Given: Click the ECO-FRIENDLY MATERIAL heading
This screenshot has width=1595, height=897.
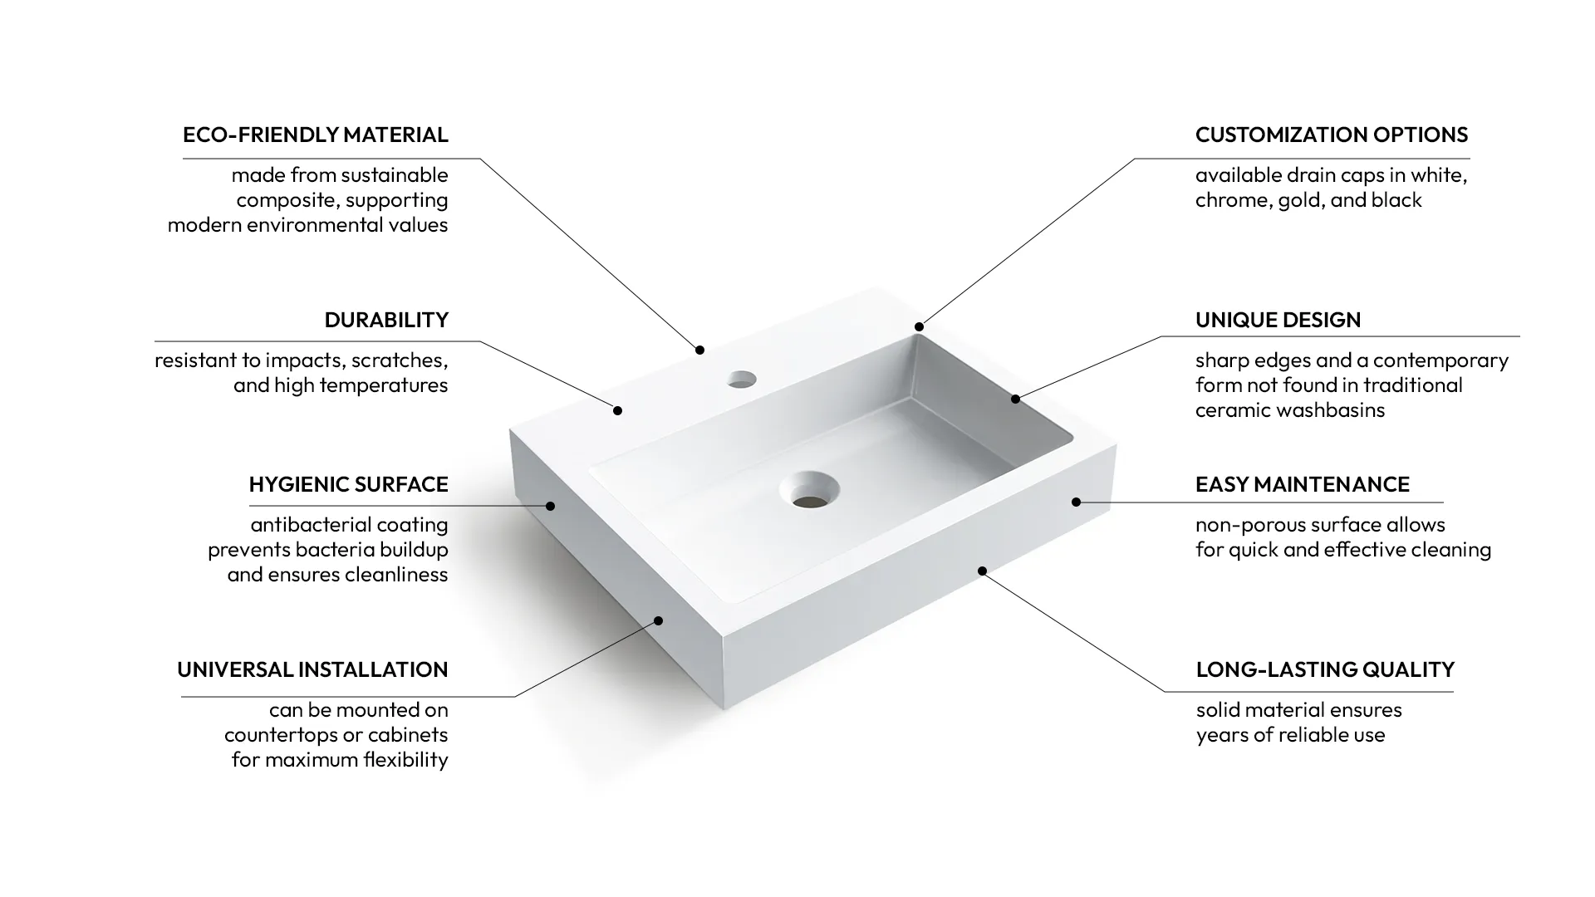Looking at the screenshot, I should click(315, 135).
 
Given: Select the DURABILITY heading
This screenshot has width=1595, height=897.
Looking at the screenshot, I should click(386, 320).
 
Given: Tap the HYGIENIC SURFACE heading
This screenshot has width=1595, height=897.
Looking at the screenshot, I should click(348, 484).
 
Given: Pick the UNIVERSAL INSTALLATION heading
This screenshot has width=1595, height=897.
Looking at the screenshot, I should click(312, 669).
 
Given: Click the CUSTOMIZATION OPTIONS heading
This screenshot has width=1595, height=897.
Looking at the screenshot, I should click(1331, 135).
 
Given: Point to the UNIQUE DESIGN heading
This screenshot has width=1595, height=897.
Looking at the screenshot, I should click(1278, 320).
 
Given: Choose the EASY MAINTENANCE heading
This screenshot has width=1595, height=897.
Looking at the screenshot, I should click(1302, 484).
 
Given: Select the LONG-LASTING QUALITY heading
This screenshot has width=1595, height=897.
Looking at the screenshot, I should click(1324, 669).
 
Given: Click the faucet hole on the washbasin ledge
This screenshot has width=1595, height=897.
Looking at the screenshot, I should click(741, 380).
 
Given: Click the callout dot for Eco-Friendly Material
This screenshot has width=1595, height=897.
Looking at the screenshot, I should click(699, 350).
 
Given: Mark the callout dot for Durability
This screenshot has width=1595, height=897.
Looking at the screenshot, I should click(617, 410).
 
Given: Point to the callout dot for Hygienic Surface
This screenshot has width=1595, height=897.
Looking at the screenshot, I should click(550, 506).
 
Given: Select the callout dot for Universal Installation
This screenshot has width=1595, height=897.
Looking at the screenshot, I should click(658, 620).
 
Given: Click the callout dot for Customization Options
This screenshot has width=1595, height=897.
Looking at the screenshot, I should click(919, 326).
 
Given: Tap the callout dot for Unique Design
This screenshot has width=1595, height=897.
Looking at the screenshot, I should click(1015, 399).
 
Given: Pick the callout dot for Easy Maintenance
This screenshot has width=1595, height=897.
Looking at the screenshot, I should click(1076, 502).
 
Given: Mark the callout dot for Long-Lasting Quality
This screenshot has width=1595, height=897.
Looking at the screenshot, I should click(982, 571).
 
